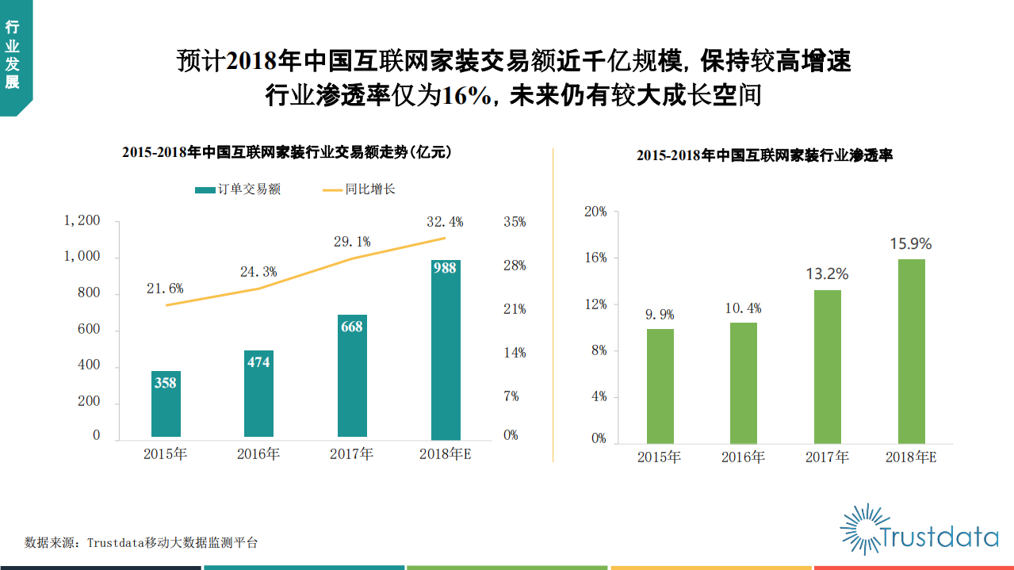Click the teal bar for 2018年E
click(x=445, y=349)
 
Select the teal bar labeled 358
click(x=165, y=404)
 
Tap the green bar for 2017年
click(x=827, y=366)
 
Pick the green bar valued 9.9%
click(x=660, y=385)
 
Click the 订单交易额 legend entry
click(x=238, y=189)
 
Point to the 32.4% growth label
click(x=445, y=222)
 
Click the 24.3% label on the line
click(x=258, y=272)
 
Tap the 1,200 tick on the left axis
click(x=82, y=221)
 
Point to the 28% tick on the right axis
click(x=515, y=266)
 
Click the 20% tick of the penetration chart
click(x=595, y=212)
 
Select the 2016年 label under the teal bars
click(x=258, y=454)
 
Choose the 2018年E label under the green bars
click(x=911, y=457)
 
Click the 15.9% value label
click(x=910, y=244)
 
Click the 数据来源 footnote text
click(x=141, y=543)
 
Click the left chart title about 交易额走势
click(x=287, y=152)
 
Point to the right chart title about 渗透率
click(x=764, y=156)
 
